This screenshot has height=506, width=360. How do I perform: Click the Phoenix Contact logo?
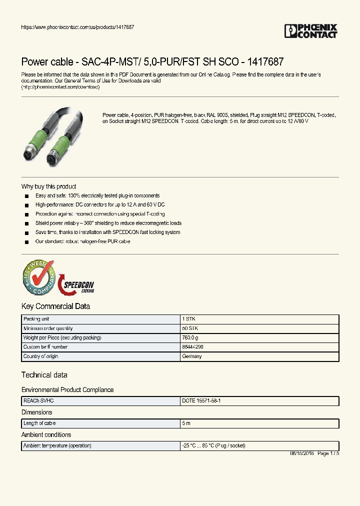tap(310, 31)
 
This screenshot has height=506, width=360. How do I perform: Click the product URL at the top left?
tap(77, 26)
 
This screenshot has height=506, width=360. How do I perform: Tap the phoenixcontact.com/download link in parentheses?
tap(60, 87)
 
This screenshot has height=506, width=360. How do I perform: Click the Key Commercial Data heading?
tap(55, 306)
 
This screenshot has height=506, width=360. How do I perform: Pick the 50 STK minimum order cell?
tap(190, 328)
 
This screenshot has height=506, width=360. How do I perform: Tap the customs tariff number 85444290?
tap(193, 347)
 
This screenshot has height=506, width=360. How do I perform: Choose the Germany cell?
tap(192, 356)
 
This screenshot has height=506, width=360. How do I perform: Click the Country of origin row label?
tap(41, 356)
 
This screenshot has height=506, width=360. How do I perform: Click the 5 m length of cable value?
tap(186, 423)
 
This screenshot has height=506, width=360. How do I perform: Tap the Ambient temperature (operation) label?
tap(57, 445)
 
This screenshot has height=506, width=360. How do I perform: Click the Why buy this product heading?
tap(48, 186)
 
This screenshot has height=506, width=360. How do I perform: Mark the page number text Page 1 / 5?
tap(328, 453)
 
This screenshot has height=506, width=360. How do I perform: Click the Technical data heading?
tap(44, 375)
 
